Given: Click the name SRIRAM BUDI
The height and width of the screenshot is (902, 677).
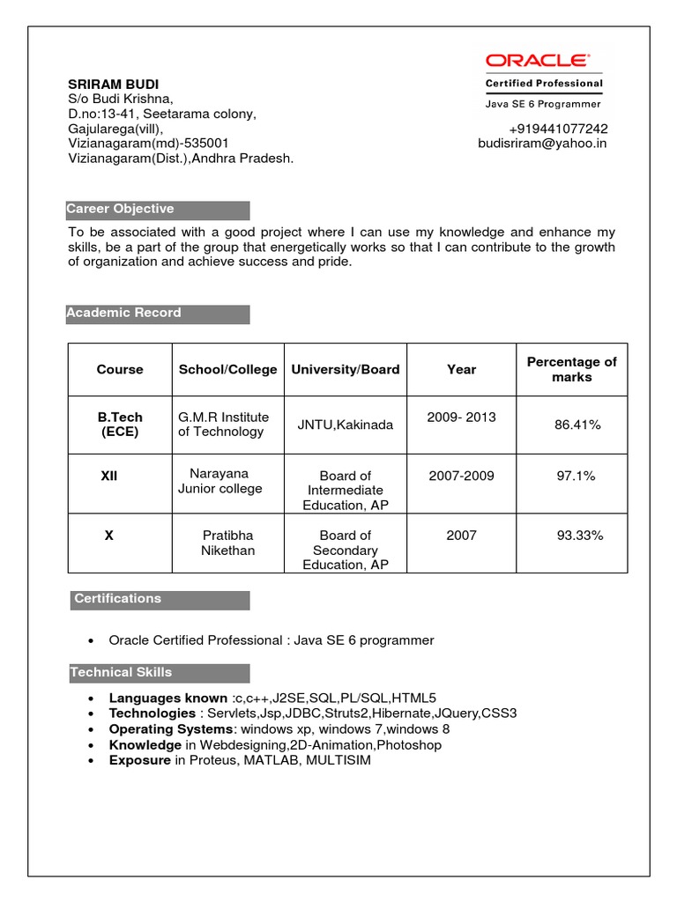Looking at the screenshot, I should [114, 84].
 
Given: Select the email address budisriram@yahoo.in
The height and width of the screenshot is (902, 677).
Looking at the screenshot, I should [542, 143].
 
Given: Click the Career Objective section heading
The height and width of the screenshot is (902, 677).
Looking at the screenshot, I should [121, 209].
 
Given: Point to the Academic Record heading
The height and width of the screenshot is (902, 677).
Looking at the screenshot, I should [124, 313].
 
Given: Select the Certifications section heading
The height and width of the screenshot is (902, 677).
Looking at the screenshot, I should [117, 599].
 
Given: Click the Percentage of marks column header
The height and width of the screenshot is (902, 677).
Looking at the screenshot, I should [571, 369].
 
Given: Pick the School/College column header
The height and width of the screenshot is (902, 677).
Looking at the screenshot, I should [227, 369].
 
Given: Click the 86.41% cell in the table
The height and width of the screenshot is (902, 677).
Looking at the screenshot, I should [577, 425].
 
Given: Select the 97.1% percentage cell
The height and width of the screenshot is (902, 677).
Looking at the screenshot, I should [576, 476].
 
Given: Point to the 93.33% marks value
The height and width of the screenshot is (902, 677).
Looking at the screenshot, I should [579, 535].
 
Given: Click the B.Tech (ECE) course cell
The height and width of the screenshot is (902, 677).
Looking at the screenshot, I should [120, 424].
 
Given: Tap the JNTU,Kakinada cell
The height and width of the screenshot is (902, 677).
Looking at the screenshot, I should [346, 425].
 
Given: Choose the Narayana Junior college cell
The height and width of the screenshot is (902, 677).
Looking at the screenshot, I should [219, 481].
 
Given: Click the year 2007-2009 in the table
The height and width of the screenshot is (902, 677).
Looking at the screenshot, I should [461, 476].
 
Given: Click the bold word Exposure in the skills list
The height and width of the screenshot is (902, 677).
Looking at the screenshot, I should [139, 759].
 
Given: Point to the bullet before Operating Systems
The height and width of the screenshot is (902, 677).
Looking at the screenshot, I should [92, 730].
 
